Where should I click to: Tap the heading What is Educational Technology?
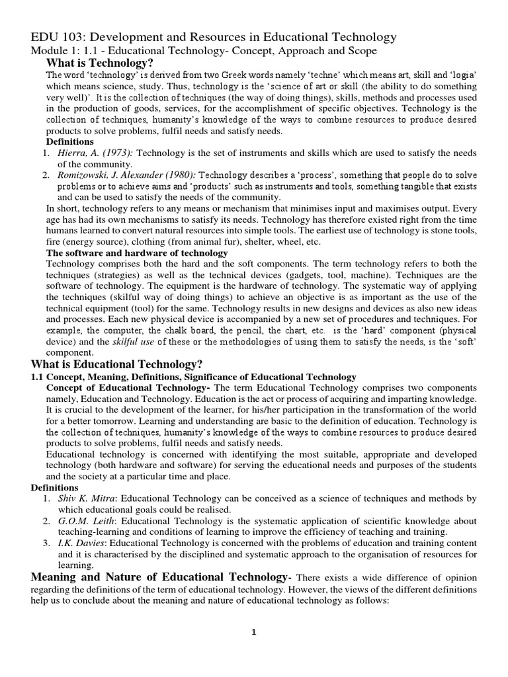point(117,364)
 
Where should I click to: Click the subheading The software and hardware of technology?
point(136,253)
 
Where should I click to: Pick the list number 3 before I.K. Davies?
point(46,543)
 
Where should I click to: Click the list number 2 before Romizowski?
point(46,175)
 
